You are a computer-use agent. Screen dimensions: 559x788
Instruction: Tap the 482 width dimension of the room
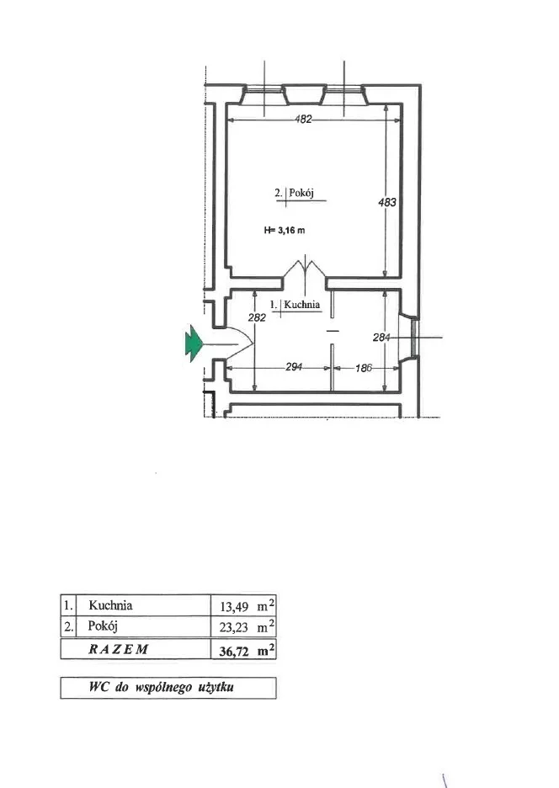click(x=303, y=120)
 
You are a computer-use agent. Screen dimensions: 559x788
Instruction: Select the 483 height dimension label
click(x=387, y=202)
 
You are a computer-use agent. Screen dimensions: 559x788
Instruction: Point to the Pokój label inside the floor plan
click(x=301, y=193)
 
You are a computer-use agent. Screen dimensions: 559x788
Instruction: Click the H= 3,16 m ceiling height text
click(x=285, y=231)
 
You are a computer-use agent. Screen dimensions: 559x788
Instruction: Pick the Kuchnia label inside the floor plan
click(x=301, y=305)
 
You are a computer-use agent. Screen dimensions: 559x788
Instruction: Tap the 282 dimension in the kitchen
click(x=257, y=317)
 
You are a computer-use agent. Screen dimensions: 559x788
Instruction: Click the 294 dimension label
click(x=294, y=367)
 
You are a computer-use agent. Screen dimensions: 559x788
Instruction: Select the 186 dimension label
click(x=363, y=369)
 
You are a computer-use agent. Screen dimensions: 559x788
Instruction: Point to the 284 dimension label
click(x=381, y=338)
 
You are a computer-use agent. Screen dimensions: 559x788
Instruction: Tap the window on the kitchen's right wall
click(x=413, y=338)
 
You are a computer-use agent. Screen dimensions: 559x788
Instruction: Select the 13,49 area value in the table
click(x=234, y=607)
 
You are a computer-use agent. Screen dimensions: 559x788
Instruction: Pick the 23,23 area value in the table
click(x=234, y=627)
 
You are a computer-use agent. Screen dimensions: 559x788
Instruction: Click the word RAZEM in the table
click(x=119, y=649)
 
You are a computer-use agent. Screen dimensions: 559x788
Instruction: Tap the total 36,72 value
click(x=234, y=652)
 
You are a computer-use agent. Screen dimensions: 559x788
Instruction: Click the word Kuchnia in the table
click(x=110, y=605)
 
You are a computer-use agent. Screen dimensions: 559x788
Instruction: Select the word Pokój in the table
click(x=103, y=626)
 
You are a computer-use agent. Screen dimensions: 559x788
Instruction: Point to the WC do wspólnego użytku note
click(x=162, y=687)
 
